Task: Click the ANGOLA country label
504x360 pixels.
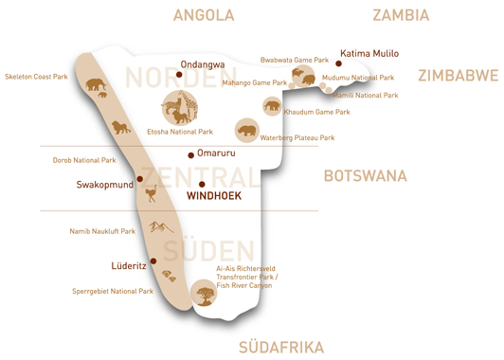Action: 204,15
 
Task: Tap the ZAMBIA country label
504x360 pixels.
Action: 401,15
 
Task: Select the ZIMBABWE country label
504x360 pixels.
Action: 458,76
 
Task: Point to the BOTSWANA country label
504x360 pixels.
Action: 365,175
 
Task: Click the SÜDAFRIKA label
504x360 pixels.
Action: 281,347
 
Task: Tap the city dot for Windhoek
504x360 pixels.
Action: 202,184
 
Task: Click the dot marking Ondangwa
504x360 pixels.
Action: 179,74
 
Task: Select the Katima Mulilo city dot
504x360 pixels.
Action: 338,64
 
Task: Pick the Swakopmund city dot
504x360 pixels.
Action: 140,178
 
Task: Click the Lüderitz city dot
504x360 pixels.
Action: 153,261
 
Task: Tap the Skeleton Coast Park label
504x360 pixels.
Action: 36,77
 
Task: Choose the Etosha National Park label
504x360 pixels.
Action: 180,132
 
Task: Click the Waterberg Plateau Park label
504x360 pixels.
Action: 297,138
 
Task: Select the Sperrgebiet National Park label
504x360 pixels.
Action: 113,292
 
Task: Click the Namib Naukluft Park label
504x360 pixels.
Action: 102,231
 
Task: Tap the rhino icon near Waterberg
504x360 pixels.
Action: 247,131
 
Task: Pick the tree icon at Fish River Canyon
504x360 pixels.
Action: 204,294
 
